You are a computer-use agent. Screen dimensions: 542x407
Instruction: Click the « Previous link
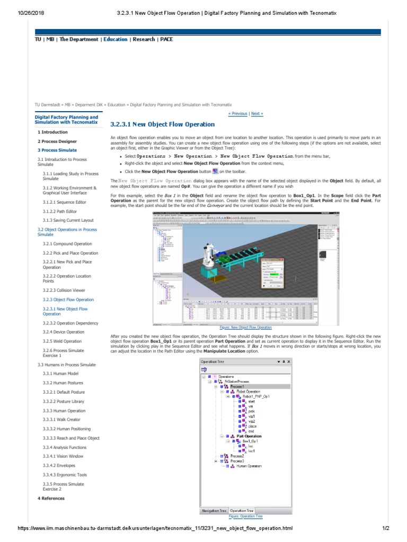click(x=237, y=113)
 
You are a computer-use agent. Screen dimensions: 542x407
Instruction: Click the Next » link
click(x=257, y=113)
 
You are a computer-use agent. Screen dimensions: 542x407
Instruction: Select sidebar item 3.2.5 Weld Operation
click(x=62, y=341)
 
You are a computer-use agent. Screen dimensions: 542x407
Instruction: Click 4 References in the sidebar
click(x=51, y=498)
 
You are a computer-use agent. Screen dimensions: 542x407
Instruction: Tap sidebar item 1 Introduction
click(x=52, y=132)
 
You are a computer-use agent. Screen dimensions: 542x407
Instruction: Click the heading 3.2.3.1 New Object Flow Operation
click(x=162, y=124)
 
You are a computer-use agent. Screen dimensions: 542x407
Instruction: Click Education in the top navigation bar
click(x=116, y=39)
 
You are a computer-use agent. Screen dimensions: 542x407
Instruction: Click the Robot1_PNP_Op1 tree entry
click(x=256, y=396)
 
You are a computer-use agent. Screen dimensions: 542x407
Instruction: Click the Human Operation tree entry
click(x=249, y=466)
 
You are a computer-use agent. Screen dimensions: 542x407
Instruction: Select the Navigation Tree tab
click(x=214, y=511)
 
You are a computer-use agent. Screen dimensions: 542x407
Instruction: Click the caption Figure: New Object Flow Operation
click(x=249, y=328)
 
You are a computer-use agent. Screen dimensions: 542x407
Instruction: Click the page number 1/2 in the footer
click(x=385, y=528)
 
